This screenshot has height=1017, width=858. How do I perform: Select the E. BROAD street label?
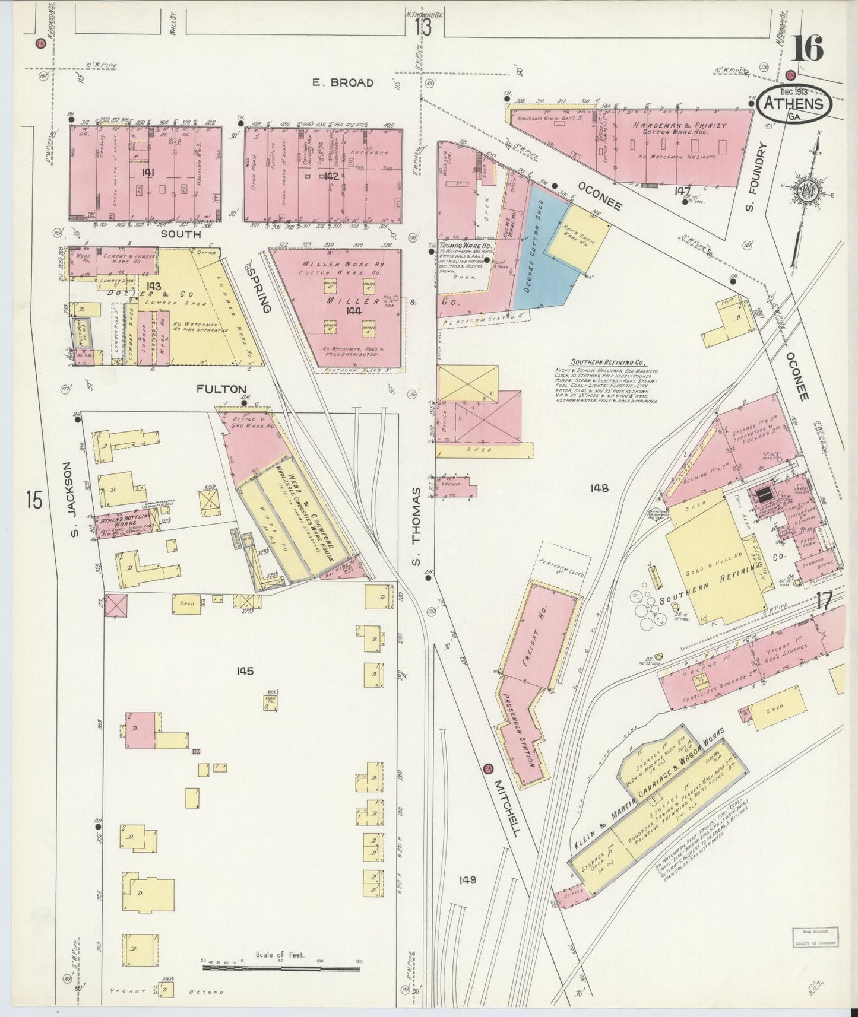click(343, 82)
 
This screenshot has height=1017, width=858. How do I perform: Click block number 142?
click(331, 176)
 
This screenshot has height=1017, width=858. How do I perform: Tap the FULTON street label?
click(221, 389)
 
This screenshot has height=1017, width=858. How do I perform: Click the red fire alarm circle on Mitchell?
click(487, 767)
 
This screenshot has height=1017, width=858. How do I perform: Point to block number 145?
click(245, 671)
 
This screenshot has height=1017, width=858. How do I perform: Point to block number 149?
click(467, 880)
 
